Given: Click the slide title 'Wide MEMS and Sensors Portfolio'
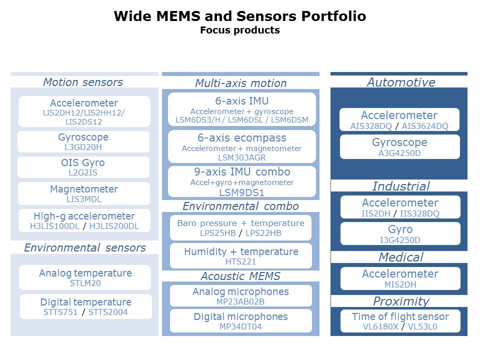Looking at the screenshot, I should (x=240, y=16).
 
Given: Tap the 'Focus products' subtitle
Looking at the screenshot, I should (x=240, y=30).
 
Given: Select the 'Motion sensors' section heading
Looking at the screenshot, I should (x=83, y=82).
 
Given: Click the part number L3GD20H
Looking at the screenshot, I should (x=83, y=146).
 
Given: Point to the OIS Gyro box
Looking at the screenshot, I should (x=83, y=167).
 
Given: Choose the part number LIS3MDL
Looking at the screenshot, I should (x=83, y=199).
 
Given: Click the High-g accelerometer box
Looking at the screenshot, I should (x=84, y=220).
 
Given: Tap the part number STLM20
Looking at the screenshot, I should (x=85, y=283).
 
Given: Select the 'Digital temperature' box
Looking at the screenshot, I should (x=85, y=306).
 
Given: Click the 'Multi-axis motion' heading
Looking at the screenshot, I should (x=241, y=83).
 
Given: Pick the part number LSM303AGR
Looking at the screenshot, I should (x=242, y=157).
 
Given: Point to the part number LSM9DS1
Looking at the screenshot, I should (x=242, y=192).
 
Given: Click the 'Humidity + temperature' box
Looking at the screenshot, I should (x=241, y=255).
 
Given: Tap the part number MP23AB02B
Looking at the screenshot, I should (x=241, y=301).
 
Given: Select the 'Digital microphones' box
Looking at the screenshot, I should (x=241, y=321).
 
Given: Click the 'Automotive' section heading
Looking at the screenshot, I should (x=401, y=82).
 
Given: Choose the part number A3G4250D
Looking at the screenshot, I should (x=399, y=153).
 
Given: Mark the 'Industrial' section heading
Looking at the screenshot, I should (x=401, y=186).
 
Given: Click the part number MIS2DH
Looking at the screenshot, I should (x=399, y=284).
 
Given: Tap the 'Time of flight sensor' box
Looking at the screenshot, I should (x=400, y=321).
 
